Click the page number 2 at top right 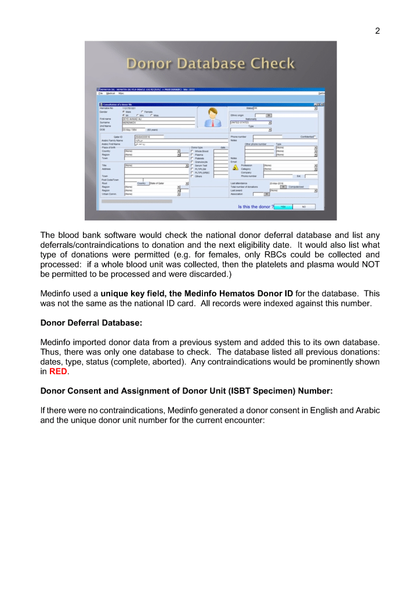(378, 31)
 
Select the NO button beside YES (303, 206)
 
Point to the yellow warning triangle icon (236, 168)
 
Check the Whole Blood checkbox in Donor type (192, 151)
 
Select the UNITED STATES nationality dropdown (251, 123)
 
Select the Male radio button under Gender (124, 111)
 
